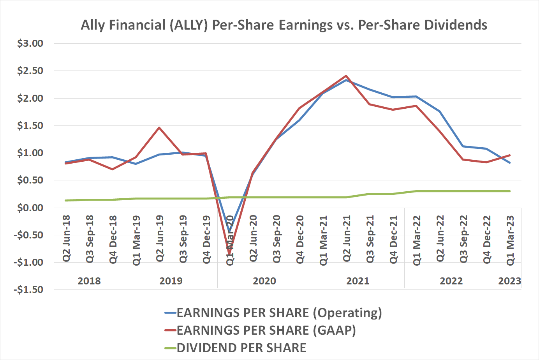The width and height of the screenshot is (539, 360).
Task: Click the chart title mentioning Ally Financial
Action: pyautogui.click(x=284, y=25)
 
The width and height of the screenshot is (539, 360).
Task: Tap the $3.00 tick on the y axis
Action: pyautogui.click(x=30, y=43)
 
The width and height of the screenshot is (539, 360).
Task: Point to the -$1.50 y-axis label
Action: pyautogui.click(x=28, y=289)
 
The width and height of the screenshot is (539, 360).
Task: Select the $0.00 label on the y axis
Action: pyautogui.click(x=30, y=208)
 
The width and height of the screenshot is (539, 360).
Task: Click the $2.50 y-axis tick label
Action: pyautogui.click(x=30, y=71)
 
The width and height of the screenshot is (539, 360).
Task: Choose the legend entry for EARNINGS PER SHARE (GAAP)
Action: pyautogui.click(x=266, y=330)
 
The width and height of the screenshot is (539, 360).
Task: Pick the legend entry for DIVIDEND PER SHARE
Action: pyautogui.click(x=241, y=348)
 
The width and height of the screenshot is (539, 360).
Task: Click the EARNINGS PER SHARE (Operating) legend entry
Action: pyautogui.click(x=279, y=313)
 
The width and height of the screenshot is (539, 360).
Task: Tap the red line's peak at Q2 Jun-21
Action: pyautogui.click(x=346, y=76)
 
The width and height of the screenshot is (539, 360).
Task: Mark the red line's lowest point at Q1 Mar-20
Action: pyautogui.click(x=229, y=254)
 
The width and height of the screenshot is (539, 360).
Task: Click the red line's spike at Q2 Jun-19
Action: pyautogui.click(x=159, y=127)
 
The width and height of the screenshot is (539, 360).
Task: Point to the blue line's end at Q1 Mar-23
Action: pyautogui.click(x=510, y=163)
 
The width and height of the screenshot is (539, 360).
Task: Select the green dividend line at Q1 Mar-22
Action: pyautogui.click(x=416, y=191)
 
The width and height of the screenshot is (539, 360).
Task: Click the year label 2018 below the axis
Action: pyautogui.click(x=89, y=281)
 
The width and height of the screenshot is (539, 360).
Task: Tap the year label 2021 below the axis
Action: pyautogui.click(x=358, y=281)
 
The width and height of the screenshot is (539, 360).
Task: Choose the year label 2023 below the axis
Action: pyautogui.click(x=509, y=281)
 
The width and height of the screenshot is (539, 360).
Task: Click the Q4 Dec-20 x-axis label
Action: pyautogui.click(x=300, y=239)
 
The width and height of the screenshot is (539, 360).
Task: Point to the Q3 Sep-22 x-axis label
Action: pyautogui.click(x=463, y=239)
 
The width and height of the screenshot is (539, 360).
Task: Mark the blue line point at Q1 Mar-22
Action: pyautogui.click(x=416, y=97)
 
